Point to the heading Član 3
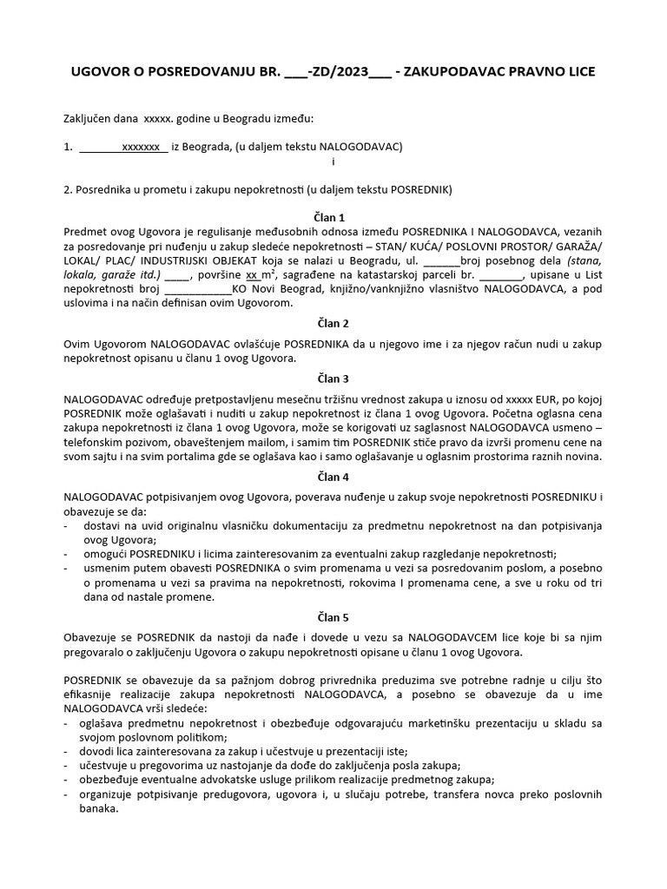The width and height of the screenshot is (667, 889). (333, 379)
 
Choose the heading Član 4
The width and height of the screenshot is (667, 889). (333, 477)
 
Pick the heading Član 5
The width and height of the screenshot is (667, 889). (333, 617)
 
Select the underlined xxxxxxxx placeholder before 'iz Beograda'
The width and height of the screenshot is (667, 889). (141, 147)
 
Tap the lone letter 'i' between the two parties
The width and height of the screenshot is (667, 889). (333, 161)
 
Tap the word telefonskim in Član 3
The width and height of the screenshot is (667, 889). (93, 442)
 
